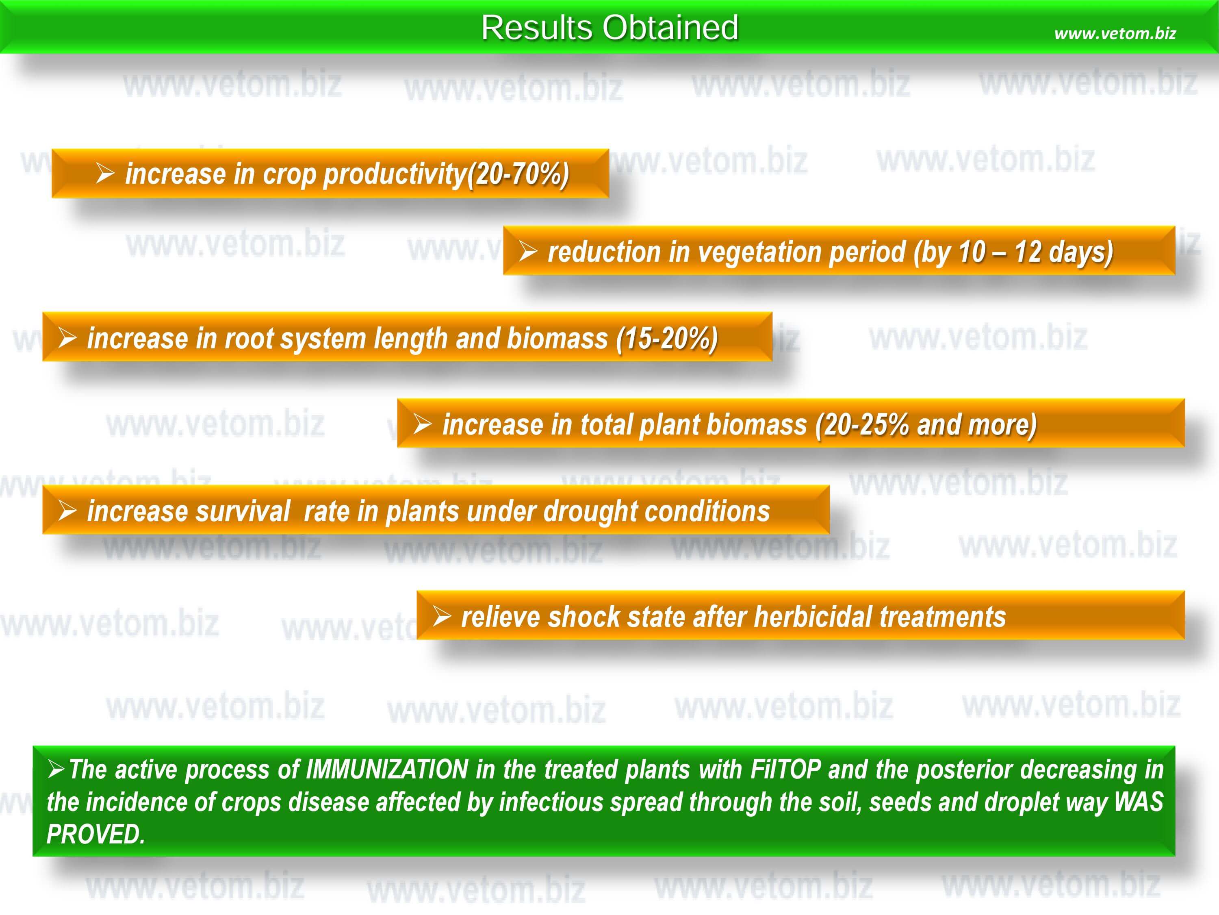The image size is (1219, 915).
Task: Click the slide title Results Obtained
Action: [609, 28]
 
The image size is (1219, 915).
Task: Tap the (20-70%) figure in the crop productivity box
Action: [518, 174]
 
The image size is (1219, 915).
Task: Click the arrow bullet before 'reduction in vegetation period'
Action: [528, 252]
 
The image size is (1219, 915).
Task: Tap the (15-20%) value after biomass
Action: [667, 339]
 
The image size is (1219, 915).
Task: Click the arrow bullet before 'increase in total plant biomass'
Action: [423, 424]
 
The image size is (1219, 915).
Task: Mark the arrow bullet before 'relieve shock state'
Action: [442, 616]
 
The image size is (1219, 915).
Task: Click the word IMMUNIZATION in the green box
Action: [387, 769]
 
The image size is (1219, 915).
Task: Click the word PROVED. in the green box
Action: [96, 834]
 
